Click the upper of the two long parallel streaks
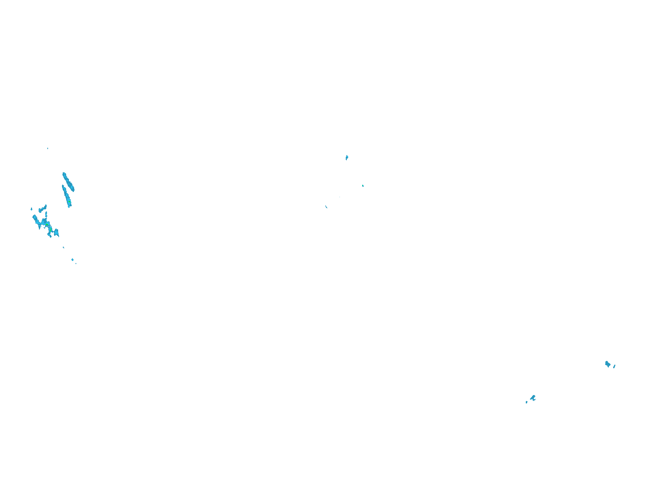68,182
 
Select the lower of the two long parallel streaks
67,197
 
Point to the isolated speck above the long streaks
48,148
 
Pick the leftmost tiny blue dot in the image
31,209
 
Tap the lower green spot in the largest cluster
51,231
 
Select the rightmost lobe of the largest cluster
56,232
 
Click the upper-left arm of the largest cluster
35,219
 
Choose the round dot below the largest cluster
72,260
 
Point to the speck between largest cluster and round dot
63,247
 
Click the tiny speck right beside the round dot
76,263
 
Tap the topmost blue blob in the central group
347,157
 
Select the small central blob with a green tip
363,186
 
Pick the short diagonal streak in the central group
326,207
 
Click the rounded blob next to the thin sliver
608,364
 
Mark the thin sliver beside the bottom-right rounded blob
614,366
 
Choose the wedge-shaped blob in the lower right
533,397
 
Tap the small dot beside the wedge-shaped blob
526,402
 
